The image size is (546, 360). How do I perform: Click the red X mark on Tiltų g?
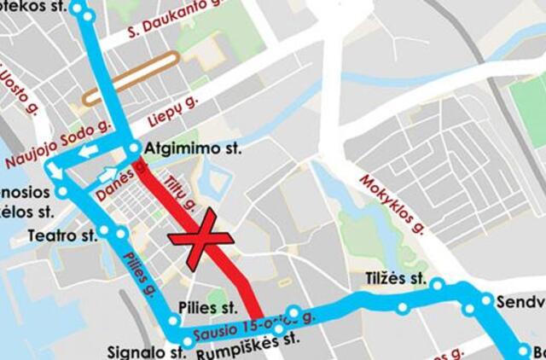200,241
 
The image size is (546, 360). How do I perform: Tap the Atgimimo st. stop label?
194,148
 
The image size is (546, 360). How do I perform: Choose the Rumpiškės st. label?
248,340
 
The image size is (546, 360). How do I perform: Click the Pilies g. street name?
137,270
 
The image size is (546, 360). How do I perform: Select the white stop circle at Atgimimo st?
134,149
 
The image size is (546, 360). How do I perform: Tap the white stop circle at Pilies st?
174,322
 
